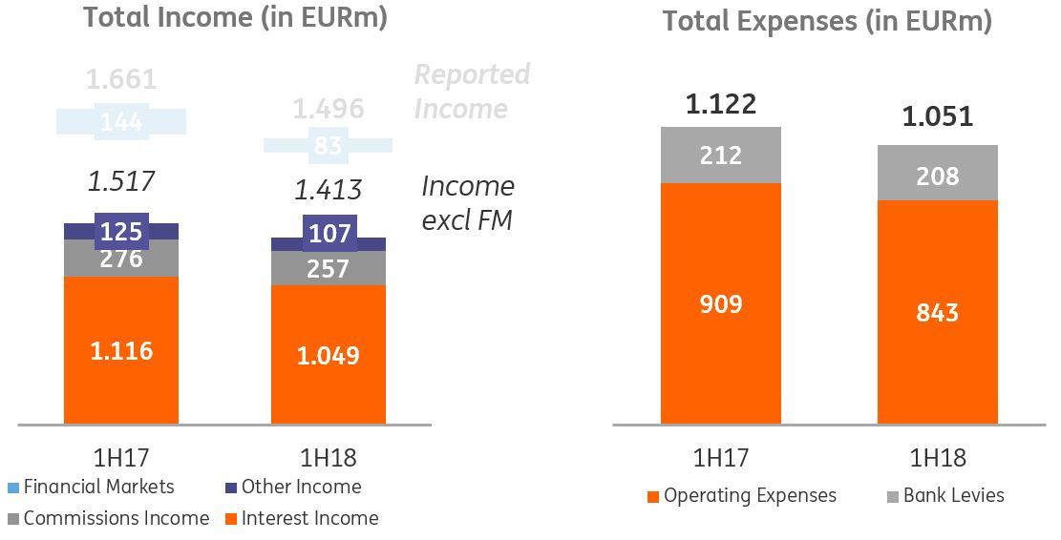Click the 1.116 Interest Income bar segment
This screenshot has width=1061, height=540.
tap(121, 351)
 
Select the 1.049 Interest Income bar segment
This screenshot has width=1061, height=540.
tap(329, 355)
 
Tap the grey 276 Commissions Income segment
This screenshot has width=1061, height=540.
tap(121, 259)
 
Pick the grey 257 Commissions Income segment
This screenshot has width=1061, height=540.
tap(329, 268)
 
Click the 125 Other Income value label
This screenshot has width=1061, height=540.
tap(121, 232)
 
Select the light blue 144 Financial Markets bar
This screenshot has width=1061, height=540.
tap(121, 121)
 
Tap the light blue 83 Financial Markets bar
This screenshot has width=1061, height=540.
tap(328, 146)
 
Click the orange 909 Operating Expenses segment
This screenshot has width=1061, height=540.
tap(721, 303)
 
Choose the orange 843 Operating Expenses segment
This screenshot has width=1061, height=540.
tap(937, 312)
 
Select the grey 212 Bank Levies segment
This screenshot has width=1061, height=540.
tap(721, 155)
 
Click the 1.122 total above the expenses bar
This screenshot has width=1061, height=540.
tap(721, 103)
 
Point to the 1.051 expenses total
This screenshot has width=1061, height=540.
tap(937, 116)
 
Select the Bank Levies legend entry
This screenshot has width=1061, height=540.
tap(945, 495)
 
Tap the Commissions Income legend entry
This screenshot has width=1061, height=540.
tap(107, 518)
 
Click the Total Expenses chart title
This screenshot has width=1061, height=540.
tap(827, 21)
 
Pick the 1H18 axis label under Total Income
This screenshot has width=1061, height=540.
tap(329, 458)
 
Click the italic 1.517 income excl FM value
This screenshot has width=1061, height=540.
tap(120, 181)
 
